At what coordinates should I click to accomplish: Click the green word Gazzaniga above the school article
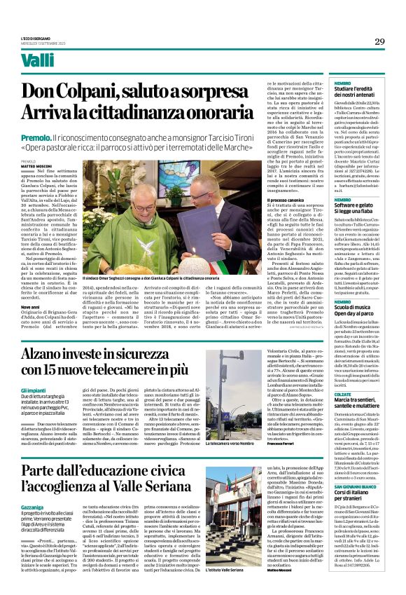pos(32,486)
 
